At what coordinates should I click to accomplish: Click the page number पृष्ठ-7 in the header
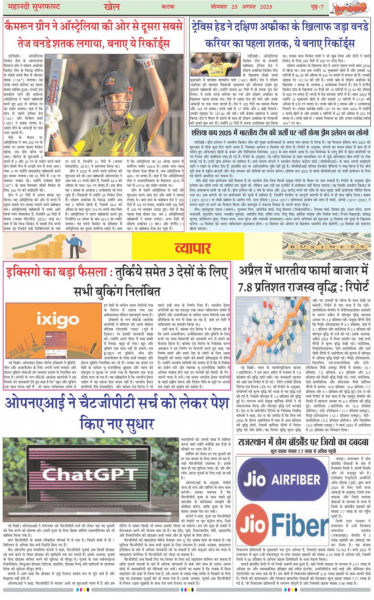click(317, 7)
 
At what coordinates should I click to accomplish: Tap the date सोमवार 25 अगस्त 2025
click(246, 7)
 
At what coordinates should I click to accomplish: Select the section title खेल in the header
click(112, 7)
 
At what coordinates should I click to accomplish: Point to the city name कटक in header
click(168, 7)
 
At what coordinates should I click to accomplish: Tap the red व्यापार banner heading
click(193, 248)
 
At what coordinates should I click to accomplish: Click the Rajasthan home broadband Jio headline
click(303, 442)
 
